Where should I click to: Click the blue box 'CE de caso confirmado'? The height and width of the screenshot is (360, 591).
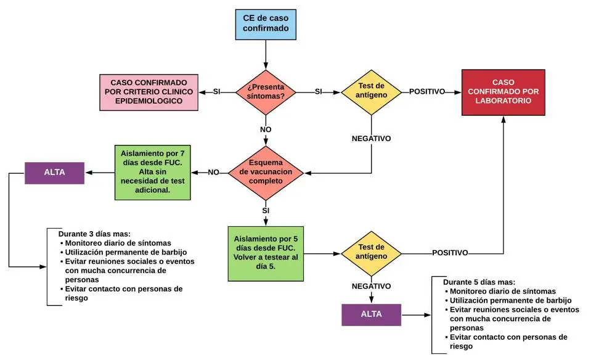point(266,24)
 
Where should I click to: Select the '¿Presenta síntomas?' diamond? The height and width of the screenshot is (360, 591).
point(266,92)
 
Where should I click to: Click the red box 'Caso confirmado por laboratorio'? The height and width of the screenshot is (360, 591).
point(504,92)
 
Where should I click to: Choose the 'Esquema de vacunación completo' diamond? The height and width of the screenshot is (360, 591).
point(266,172)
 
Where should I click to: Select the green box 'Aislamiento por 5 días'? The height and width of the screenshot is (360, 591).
point(266,253)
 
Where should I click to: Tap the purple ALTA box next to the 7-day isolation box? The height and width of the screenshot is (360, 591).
point(54,173)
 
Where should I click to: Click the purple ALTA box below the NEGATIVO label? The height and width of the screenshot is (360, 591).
point(371,314)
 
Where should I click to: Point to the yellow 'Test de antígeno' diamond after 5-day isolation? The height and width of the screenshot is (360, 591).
point(371,253)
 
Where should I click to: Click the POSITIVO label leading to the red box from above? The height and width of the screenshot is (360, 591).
point(427,92)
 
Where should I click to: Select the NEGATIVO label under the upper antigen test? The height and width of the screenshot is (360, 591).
point(371,139)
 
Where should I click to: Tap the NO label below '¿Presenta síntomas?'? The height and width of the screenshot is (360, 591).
point(266,131)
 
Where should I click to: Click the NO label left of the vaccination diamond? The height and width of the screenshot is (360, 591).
point(214,172)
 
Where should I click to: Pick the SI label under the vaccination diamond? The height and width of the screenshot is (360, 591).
point(266,211)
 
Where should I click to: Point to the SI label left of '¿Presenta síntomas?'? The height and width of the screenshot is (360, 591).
point(217,92)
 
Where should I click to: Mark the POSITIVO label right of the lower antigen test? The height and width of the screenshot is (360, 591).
point(450,253)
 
